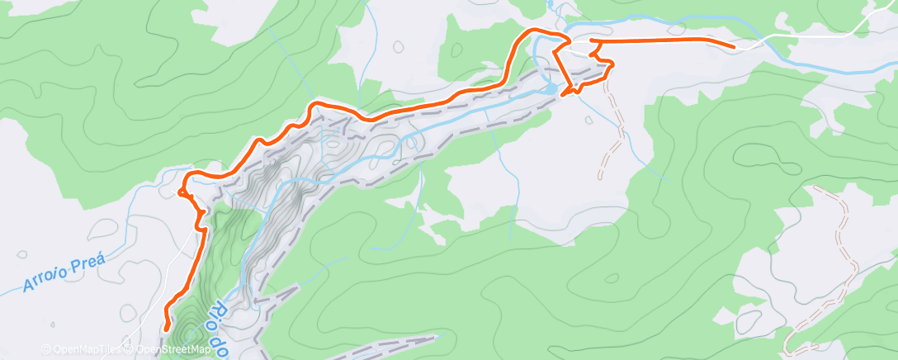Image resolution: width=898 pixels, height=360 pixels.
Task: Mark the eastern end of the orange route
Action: pyautogui.click(x=733, y=47)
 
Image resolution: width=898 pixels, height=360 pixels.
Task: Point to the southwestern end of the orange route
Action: pyautogui.click(x=167, y=327)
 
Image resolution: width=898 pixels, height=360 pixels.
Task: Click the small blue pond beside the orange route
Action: pyautogui.click(x=550, y=86)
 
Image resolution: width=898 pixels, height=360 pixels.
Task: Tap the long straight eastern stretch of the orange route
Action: pyautogui.click(x=660, y=40)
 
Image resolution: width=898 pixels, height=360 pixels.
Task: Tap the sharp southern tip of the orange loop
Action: pyautogui.click(x=565, y=95)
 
